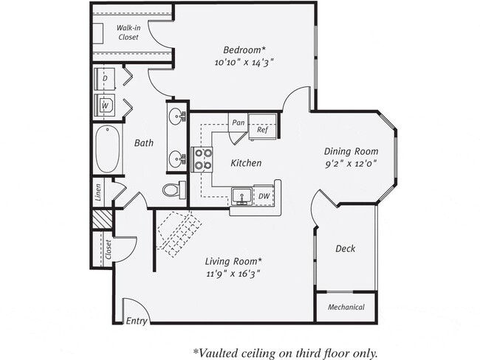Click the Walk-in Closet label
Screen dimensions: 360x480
click(128, 32)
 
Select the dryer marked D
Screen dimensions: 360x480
click(105, 78)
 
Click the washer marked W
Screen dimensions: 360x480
click(105, 104)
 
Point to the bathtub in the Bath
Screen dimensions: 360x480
click(107, 149)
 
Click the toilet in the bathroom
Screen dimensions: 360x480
click(172, 190)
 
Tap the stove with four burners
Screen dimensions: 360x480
click(202, 159)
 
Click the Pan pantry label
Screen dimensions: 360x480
click(238, 122)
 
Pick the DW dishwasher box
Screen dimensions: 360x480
click(264, 196)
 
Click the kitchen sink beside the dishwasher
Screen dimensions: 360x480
click(241, 197)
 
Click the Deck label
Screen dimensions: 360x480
click(345, 249)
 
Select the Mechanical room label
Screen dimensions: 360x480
click(346, 307)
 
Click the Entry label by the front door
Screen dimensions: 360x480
click(137, 320)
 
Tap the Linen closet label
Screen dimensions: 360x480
click(98, 192)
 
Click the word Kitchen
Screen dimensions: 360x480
click(246, 163)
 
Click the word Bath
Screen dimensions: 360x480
click(144, 143)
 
